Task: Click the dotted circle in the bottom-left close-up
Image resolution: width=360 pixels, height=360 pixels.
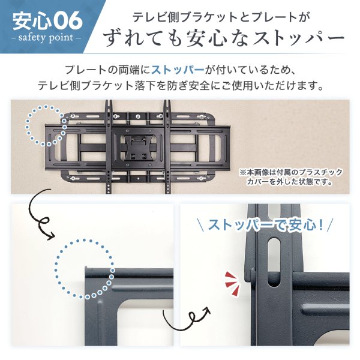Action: (85, 268)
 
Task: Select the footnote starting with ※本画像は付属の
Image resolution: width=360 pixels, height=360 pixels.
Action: (290, 176)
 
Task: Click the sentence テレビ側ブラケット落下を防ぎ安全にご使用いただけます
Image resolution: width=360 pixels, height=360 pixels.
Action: (180, 85)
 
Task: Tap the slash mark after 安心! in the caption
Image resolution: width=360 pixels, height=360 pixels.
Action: (330, 226)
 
